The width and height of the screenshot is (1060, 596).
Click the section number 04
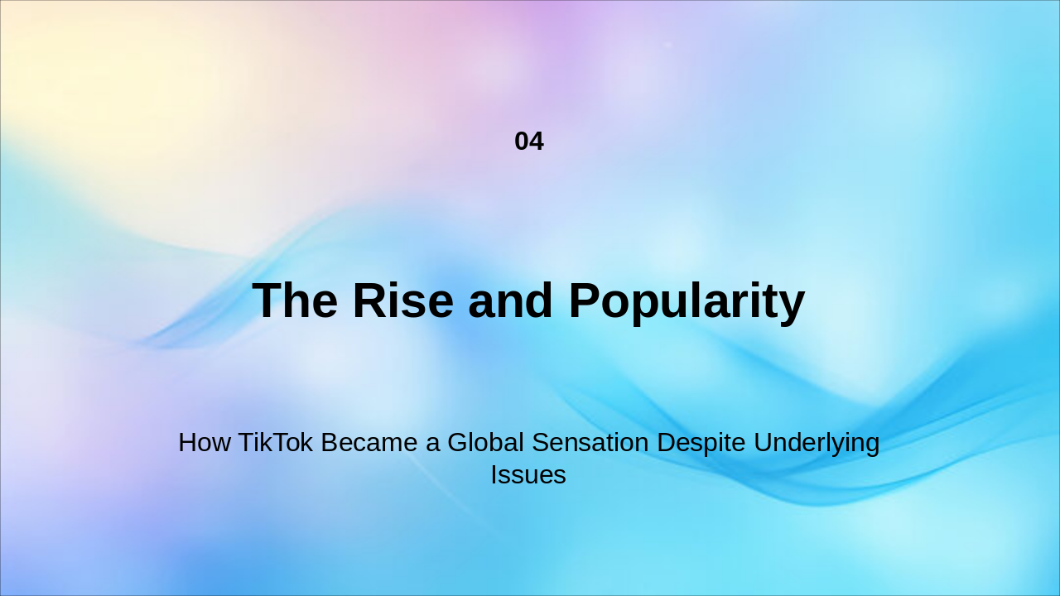point(529,142)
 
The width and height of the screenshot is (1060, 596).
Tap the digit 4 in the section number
point(537,142)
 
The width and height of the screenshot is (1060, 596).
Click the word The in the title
point(295,300)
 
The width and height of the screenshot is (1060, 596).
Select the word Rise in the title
point(402,300)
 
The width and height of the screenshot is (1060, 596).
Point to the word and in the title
point(510,300)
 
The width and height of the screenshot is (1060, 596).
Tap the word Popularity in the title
point(687,300)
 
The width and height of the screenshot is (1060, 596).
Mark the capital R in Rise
point(369,300)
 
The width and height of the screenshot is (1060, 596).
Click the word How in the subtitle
point(205,443)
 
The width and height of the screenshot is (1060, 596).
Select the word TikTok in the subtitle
point(276,443)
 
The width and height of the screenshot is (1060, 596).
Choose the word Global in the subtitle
point(485,443)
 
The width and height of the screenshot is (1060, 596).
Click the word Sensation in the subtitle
point(590,443)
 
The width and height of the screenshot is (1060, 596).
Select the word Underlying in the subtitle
point(817,443)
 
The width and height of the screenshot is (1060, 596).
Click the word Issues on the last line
point(528,475)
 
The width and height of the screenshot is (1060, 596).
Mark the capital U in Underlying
point(762,443)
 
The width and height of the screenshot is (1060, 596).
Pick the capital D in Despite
point(665,443)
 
